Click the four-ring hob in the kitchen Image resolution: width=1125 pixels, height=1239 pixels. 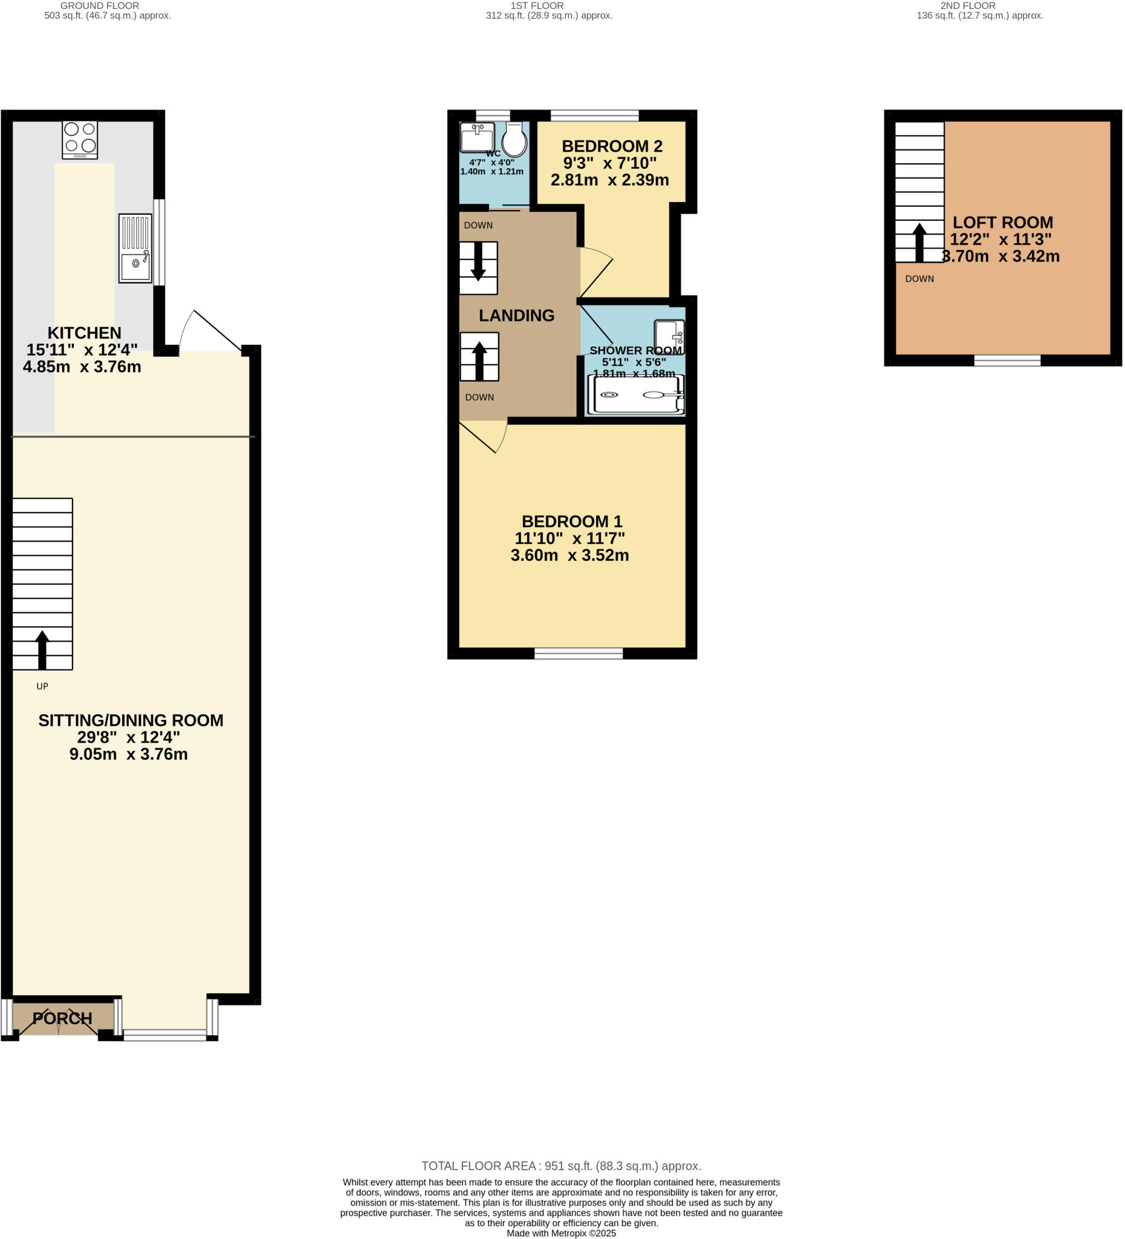coord(80,139)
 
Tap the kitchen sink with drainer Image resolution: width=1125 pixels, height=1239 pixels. coord(135,248)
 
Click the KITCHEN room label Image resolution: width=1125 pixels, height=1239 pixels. coord(84,333)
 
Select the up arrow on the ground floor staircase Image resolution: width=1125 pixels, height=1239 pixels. coord(42,649)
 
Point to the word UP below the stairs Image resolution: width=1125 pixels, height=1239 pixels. coord(42,687)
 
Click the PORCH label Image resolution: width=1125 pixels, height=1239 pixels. coord(62,1018)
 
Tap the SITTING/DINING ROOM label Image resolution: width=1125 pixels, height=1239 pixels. coord(130,721)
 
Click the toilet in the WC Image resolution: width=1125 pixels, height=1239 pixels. coord(514,140)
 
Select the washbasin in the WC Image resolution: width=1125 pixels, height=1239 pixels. coord(477,138)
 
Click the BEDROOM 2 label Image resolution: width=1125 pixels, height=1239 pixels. coord(612,146)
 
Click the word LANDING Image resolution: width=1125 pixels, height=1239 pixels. coord(516,315)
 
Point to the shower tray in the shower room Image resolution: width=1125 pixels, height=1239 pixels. coord(635,394)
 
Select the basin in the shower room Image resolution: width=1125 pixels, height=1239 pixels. coord(669,337)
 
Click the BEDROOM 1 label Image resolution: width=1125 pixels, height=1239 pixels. coord(572,521)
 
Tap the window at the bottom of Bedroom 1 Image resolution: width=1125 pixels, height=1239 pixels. coord(578,653)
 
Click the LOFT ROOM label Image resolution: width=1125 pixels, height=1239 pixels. coord(1003,223)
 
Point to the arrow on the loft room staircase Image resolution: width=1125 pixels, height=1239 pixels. coord(919,243)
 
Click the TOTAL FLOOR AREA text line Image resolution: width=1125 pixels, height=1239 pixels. coord(560,1166)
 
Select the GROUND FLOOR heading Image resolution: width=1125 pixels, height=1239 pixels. coord(100,5)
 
